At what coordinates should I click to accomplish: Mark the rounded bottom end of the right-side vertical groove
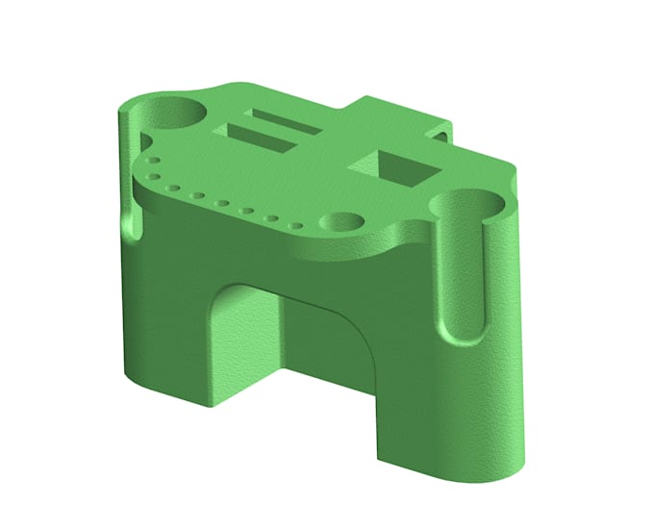point(464,332)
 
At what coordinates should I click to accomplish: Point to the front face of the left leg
point(163,327)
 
